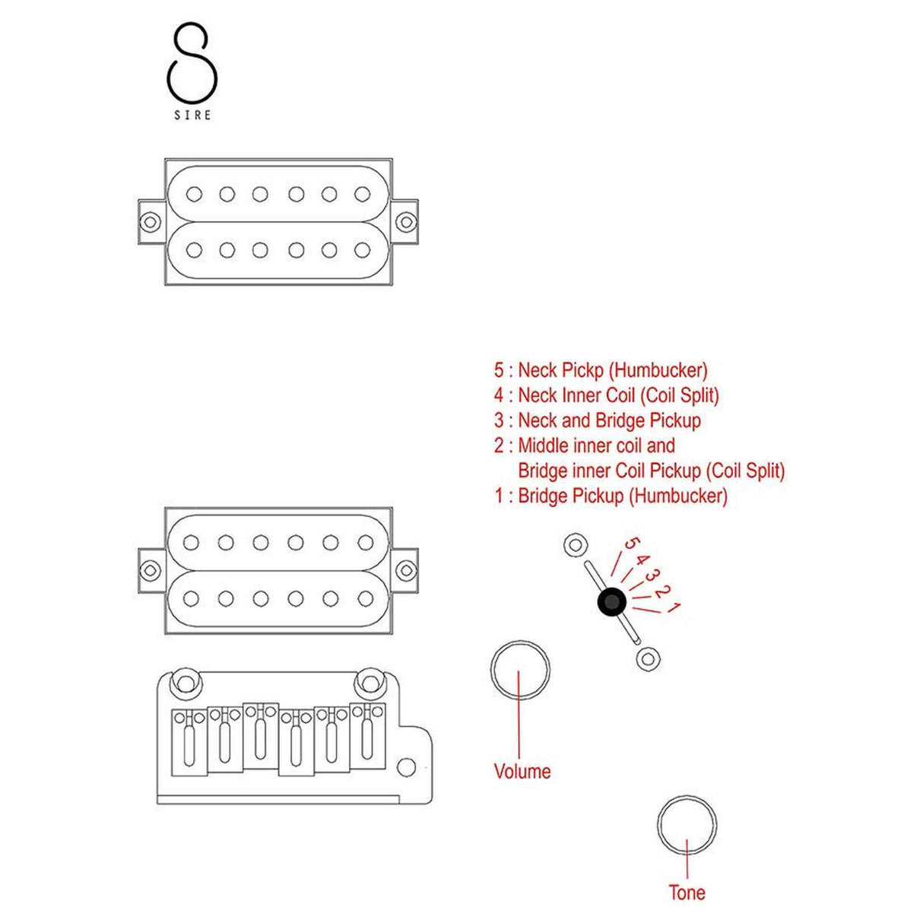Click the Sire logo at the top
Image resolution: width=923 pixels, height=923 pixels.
192,72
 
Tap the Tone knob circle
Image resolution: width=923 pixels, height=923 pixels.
687,826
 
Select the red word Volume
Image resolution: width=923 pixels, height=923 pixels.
522,771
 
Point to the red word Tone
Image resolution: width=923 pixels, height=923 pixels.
687,893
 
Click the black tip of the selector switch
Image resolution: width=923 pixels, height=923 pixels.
612,603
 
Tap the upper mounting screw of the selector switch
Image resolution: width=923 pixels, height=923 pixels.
575,545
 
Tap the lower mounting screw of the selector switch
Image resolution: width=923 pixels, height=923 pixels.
647,658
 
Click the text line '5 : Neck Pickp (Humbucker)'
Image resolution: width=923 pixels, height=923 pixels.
601,370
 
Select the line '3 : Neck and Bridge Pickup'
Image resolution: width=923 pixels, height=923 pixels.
598,420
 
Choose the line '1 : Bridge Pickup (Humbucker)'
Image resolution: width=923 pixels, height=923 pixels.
611,496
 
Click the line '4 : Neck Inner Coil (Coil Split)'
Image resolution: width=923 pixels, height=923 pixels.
606,395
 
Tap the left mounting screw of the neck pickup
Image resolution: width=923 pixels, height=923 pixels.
151,222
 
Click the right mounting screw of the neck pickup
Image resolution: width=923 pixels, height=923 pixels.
406,222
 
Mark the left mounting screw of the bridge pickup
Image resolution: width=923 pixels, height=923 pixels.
151,570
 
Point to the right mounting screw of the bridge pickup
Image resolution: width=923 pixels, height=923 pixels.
406,570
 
